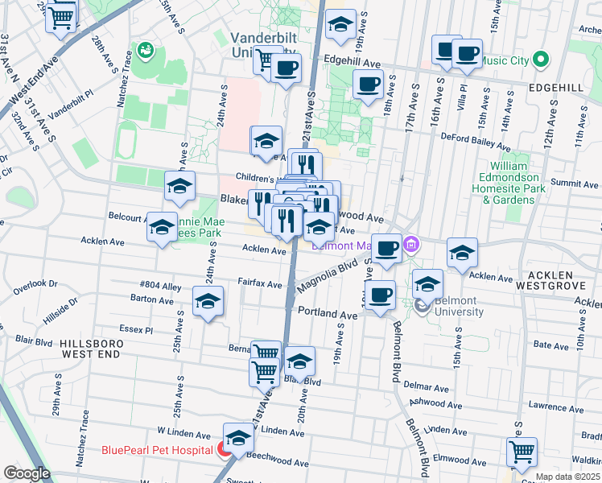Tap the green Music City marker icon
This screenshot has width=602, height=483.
coord(541,59)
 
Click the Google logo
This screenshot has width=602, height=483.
coord(27,473)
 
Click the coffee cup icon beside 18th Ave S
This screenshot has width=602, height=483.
coord(369,83)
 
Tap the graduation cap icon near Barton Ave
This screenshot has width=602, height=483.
coord(208,302)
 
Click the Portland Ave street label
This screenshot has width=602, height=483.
coord(327,312)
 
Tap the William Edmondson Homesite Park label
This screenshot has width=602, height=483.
coord(512,183)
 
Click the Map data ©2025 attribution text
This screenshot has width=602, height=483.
coord(567,477)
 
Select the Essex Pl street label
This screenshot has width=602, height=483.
coord(135,329)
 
